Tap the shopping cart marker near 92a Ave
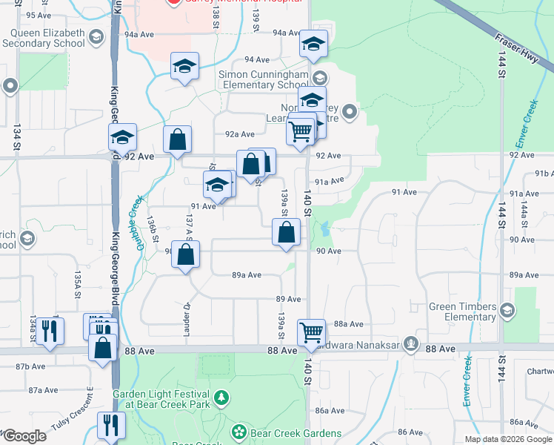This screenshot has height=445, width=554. pyautogui.click(x=300, y=131)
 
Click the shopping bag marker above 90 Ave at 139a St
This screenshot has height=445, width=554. pyautogui.click(x=286, y=233)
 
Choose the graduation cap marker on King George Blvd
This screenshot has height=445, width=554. pyautogui.click(x=123, y=137)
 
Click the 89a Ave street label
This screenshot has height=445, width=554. pyautogui.click(x=247, y=274)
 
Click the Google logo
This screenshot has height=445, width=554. pyautogui.click(x=24, y=436)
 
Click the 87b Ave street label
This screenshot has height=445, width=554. pyautogui.click(x=31, y=366)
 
